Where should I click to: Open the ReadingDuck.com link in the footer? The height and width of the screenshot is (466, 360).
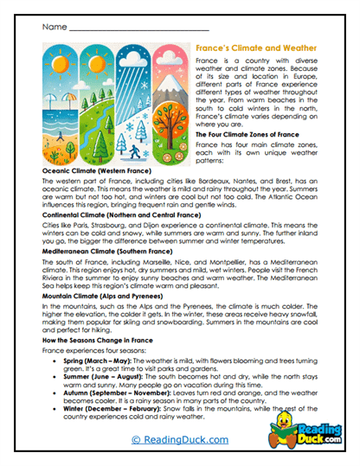click(x=179, y=440)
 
